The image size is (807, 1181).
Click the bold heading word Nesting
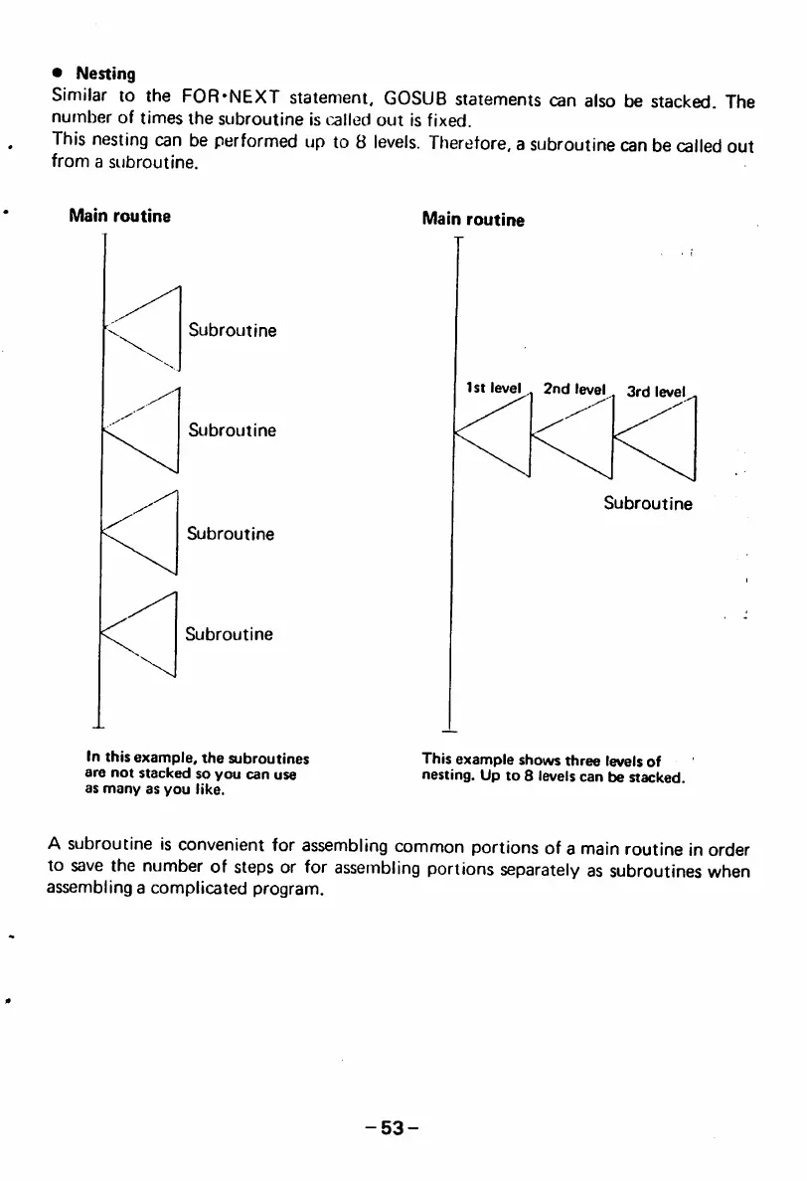(106, 74)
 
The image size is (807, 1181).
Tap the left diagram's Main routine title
(119, 216)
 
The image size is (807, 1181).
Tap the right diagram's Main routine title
(473, 219)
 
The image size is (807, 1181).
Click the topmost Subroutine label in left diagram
(233, 330)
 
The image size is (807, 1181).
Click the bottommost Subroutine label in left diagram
(229, 633)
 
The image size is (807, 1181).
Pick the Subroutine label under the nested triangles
(648, 503)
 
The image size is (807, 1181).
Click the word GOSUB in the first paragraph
(417, 100)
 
